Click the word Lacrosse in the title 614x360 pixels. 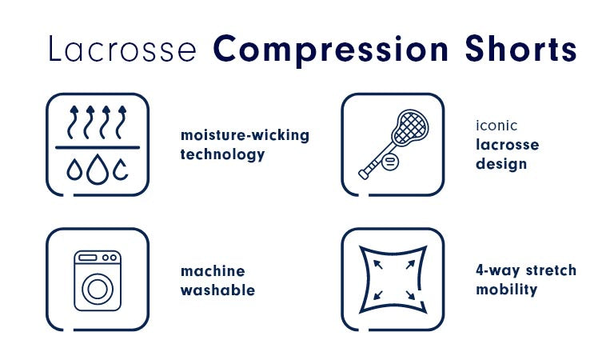tap(122, 49)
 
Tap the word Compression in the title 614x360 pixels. tap(330, 50)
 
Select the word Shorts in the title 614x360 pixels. tap(520, 49)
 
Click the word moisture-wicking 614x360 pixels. tap(245, 135)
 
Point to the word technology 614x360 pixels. tap(222, 154)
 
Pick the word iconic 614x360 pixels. tap(496, 126)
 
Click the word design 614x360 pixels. tap(501, 164)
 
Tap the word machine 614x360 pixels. tap(213, 271)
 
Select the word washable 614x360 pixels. tap(217, 290)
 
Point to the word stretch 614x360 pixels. tap(551, 270)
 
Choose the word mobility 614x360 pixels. tap(507, 290)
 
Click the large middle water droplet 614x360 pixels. tap(98, 170)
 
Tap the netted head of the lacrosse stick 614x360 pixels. tap(410, 127)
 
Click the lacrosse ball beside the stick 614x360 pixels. tap(390, 162)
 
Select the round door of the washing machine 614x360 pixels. tap(98, 289)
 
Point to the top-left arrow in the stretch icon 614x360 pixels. tap(378, 265)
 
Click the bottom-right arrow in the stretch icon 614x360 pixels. tap(410, 295)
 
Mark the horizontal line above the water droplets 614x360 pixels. tap(98, 148)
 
